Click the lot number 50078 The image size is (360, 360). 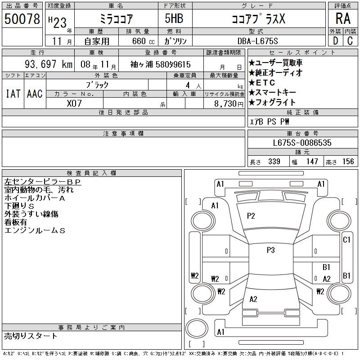[22, 18]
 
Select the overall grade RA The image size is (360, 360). [343, 18]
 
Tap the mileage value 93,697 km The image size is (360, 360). [49, 64]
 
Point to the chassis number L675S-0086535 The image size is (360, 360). [302, 143]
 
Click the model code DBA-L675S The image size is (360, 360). [258, 41]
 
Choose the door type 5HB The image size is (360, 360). [174, 18]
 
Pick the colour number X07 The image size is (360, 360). [74, 103]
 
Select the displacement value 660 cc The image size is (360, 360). [143, 41]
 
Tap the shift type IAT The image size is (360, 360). [13, 94]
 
